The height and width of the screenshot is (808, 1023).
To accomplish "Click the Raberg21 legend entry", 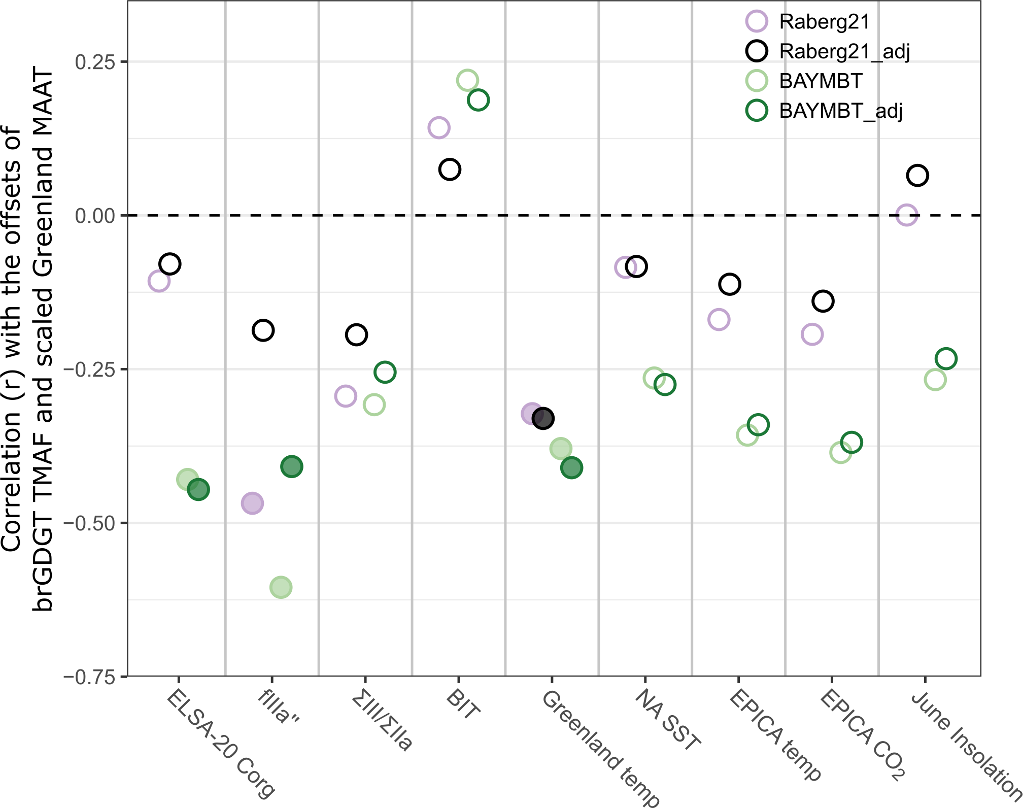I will (x=824, y=22).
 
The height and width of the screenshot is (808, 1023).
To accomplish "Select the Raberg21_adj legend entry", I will (x=844, y=51).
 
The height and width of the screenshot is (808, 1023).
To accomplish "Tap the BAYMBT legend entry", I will (x=821, y=81).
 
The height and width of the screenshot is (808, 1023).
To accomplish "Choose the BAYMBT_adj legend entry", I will (x=841, y=111).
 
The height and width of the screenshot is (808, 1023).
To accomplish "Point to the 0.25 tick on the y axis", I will (x=95, y=62).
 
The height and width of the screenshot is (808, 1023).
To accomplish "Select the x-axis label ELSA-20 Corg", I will (x=221, y=744).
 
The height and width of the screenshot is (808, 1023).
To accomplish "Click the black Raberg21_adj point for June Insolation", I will (x=917, y=176).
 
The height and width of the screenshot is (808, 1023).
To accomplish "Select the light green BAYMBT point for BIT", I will (x=467, y=80).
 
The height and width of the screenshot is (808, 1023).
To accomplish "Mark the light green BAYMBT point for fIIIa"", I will (x=281, y=587).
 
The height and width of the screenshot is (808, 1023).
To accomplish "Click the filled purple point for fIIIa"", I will (x=252, y=503).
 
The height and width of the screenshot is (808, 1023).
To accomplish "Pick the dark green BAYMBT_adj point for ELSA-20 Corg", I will (x=198, y=489).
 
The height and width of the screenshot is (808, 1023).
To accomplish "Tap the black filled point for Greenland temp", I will (x=543, y=419).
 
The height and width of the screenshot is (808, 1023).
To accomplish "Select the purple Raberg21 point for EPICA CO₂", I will (x=812, y=334).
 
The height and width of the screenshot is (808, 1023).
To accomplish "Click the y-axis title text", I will (x=28, y=340).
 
